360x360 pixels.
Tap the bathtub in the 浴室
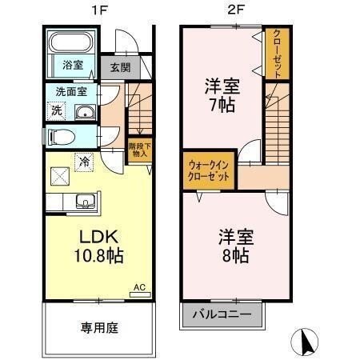pos(71,44)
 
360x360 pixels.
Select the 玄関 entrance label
pos(121,68)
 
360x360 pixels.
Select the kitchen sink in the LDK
pos(84,201)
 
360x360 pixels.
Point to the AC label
pos(138,286)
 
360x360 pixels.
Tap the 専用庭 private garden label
pos(99,327)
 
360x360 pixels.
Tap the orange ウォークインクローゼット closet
pos(208,170)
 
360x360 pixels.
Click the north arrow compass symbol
pos(306,342)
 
